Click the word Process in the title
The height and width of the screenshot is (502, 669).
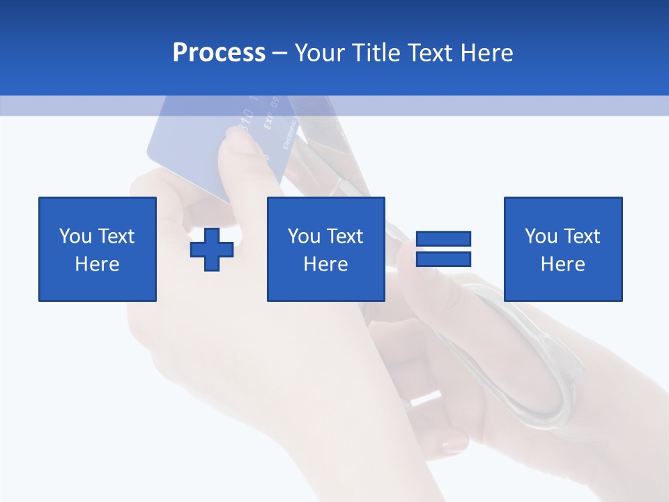[219, 53]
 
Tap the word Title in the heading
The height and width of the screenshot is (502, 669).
[375, 53]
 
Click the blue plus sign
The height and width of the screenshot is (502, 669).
[212, 250]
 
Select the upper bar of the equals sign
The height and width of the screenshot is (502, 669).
[443, 238]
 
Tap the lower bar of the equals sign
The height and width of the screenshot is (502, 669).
[443, 259]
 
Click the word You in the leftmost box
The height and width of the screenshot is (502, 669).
[75, 236]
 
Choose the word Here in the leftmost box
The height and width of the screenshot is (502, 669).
[97, 264]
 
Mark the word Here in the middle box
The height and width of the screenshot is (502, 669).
[325, 264]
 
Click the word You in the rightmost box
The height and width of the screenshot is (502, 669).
[540, 236]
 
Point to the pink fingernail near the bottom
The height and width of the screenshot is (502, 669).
[454, 441]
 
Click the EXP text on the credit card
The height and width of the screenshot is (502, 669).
[268, 124]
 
